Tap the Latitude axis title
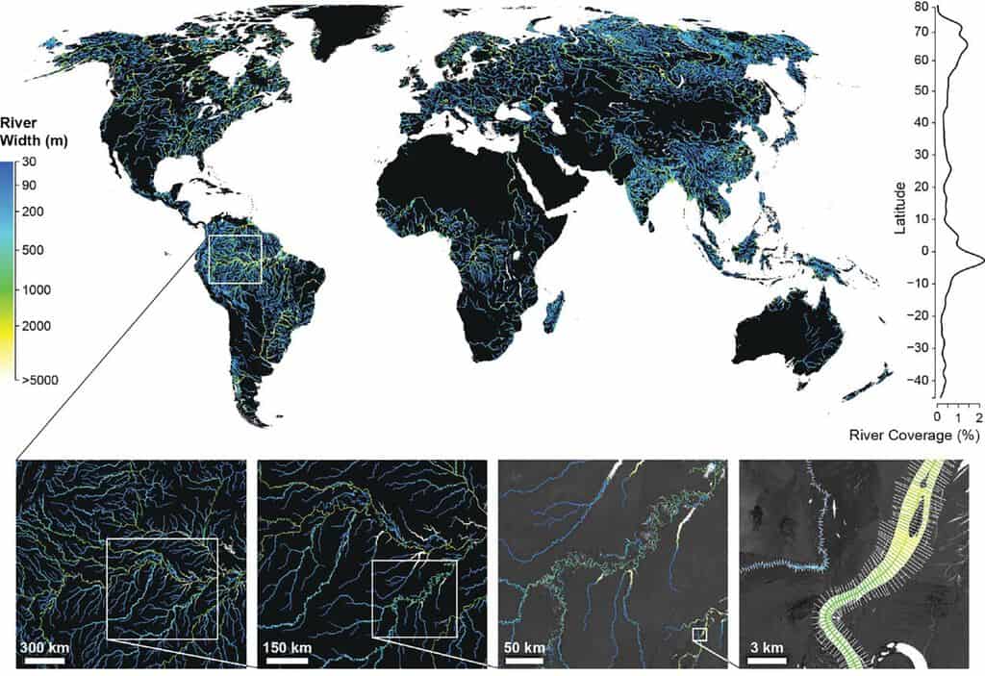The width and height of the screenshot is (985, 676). (898, 202)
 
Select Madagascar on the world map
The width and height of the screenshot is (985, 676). (555, 312)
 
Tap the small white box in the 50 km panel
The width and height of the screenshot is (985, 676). (700, 635)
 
